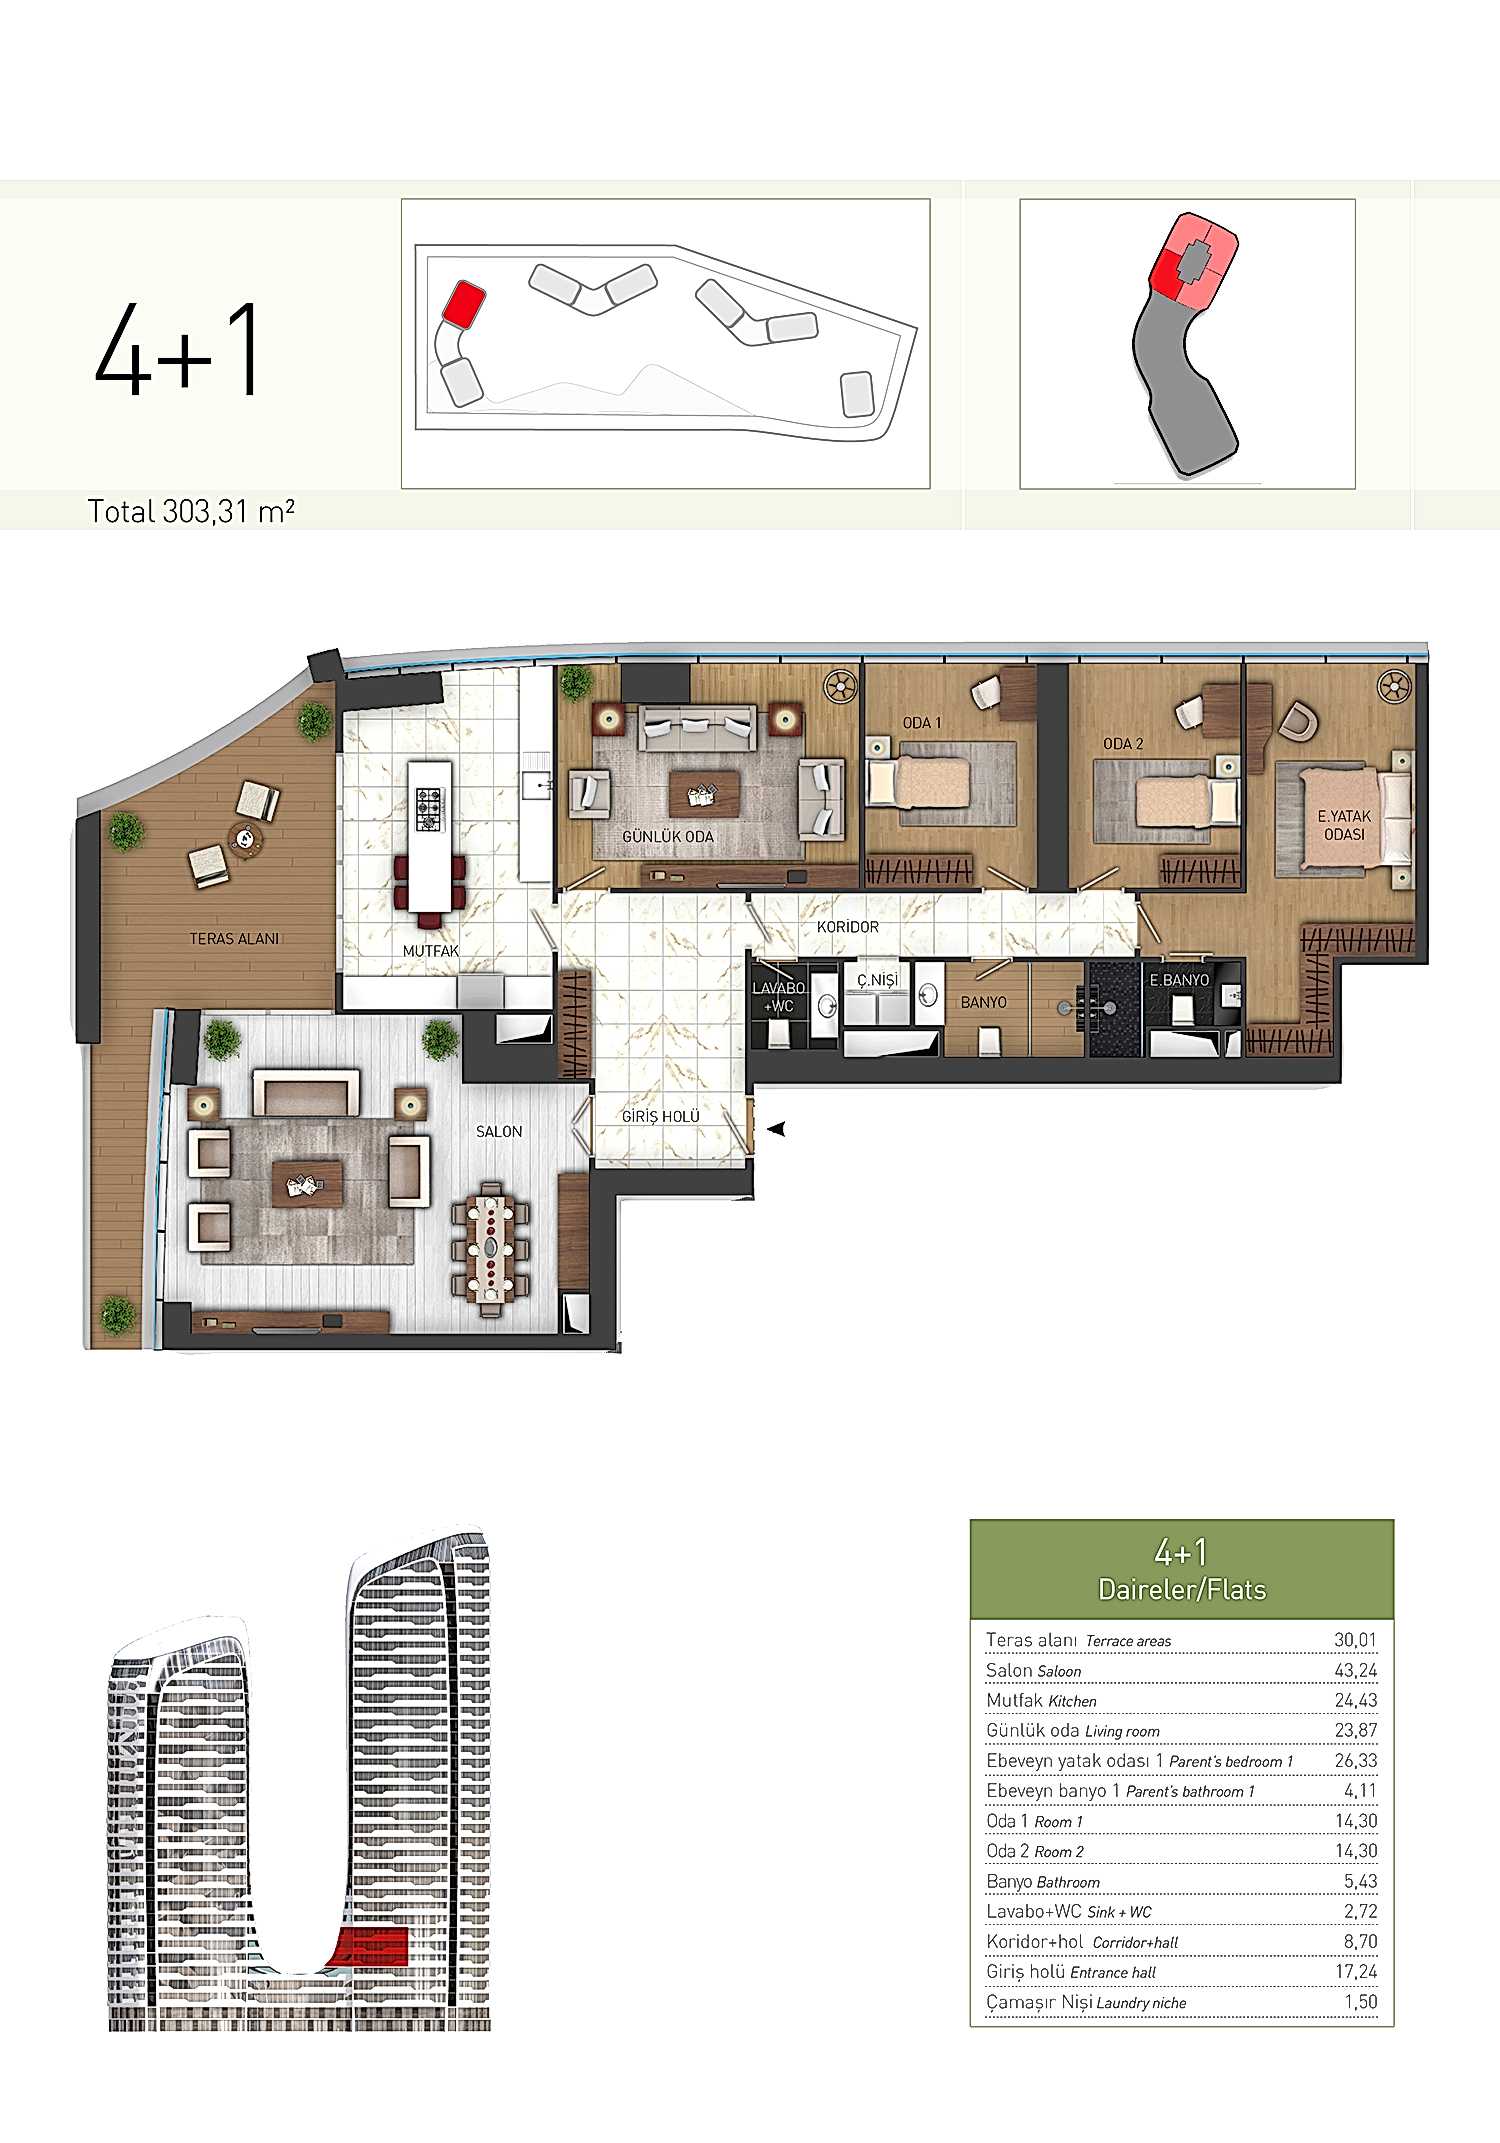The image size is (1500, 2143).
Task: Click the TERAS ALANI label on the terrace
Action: click(x=235, y=938)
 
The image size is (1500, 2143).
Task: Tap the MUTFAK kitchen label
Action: click(x=431, y=951)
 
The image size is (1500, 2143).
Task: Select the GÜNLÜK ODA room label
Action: click(x=668, y=836)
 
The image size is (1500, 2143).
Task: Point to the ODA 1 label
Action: click(x=922, y=722)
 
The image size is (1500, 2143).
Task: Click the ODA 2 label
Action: click(x=1123, y=744)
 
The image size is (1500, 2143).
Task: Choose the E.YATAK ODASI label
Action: click(x=1345, y=825)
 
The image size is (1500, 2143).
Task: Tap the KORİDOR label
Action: click(x=848, y=927)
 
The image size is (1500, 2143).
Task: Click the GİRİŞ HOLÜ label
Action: click(x=661, y=1116)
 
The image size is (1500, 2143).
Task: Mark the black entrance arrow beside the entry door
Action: click(x=776, y=1129)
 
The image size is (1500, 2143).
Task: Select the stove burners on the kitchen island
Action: click(x=429, y=808)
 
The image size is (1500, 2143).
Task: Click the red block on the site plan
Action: click(x=464, y=303)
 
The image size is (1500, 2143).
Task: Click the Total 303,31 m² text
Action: click(x=191, y=512)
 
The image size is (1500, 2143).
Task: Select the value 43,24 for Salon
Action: click(x=1356, y=1670)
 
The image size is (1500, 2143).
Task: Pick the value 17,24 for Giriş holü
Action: click(x=1356, y=1971)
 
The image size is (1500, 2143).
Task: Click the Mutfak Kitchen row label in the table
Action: click(x=1041, y=1700)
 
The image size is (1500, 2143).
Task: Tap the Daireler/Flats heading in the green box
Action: click(x=1182, y=1589)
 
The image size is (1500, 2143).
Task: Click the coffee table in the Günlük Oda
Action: click(x=705, y=792)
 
